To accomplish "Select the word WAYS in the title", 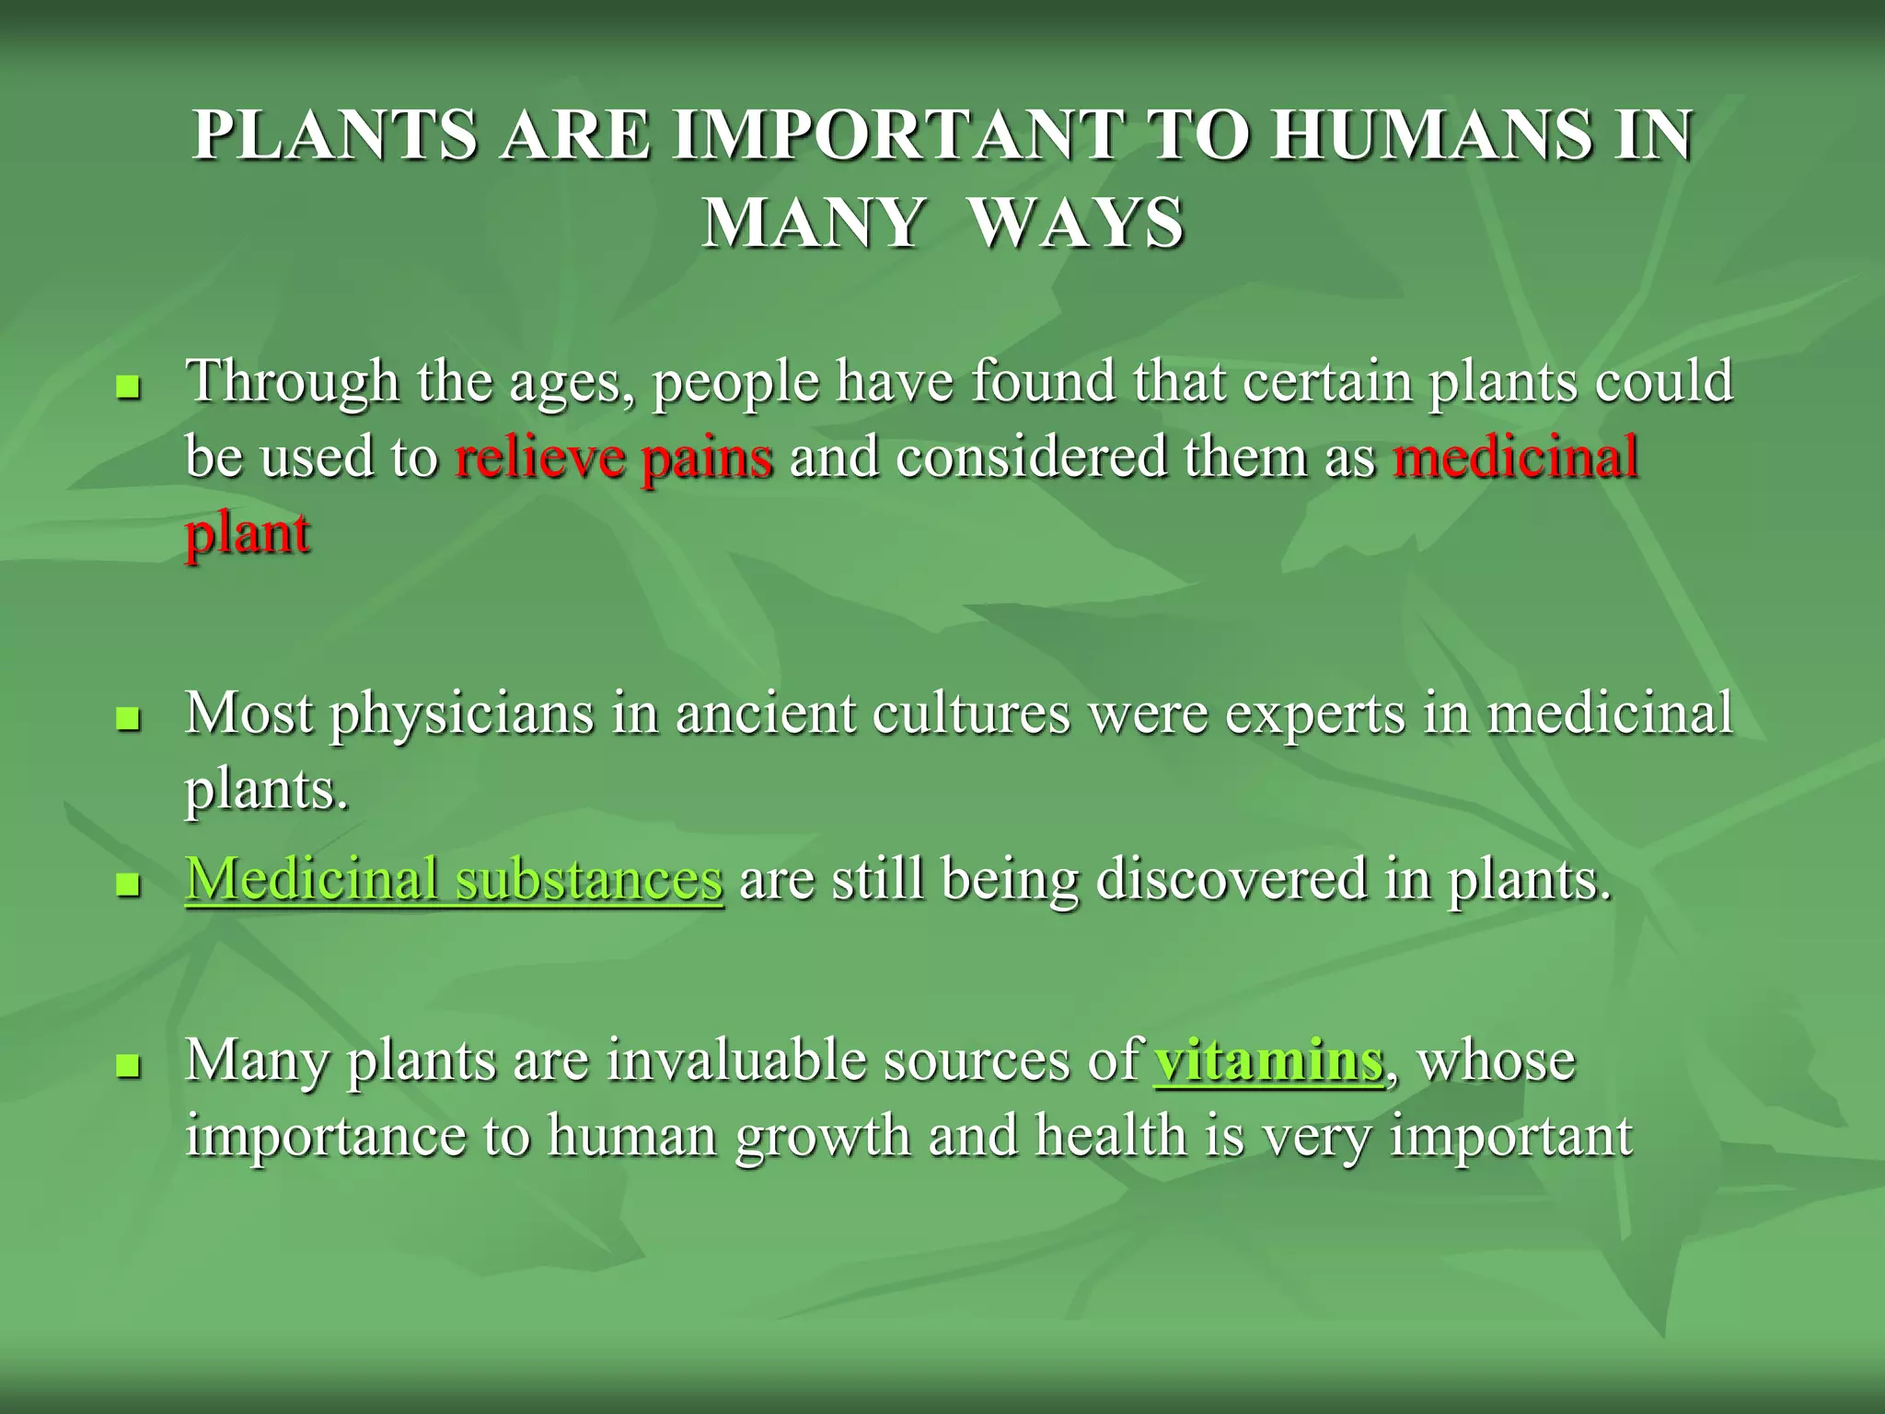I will point(1077,224).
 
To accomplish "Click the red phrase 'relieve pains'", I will point(614,458).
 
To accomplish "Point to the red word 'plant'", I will point(247,534).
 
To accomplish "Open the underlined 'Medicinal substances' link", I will point(454,879).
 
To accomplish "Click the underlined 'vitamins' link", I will point(1268,1060).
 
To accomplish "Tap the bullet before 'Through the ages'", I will point(129,388).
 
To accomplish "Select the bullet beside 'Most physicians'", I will point(129,719).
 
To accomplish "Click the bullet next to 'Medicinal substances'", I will point(129,886).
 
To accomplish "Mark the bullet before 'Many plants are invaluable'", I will point(129,1067).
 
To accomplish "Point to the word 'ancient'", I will point(766,713).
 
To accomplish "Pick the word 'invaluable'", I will point(735,1060).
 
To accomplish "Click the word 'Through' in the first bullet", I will point(293,383).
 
